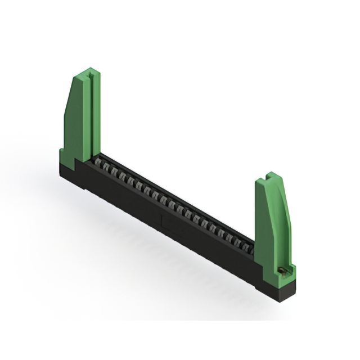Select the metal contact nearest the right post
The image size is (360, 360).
click(x=248, y=245)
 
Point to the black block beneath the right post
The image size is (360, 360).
click(x=279, y=287)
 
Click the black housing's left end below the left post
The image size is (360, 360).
click(x=67, y=169)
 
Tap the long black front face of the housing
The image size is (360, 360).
click(x=169, y=225)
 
